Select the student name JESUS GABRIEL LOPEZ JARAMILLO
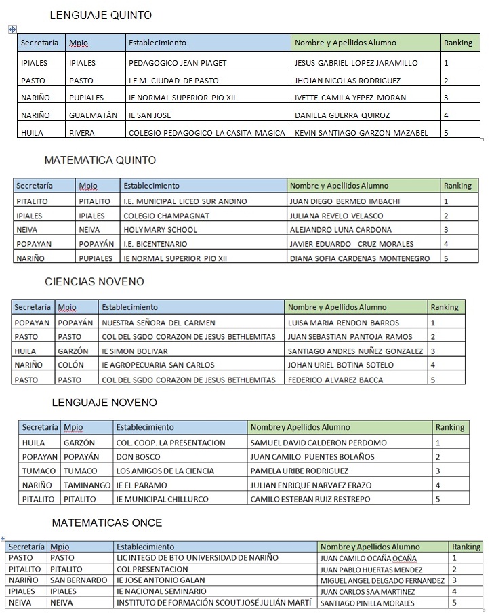click(356, 63)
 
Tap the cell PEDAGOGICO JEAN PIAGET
click(177, 63)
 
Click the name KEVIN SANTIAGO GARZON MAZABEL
click(361, 133)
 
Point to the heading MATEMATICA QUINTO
click(100, 161)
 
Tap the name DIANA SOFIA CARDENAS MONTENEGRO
click(359, 258)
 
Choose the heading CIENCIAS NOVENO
click(94, 281)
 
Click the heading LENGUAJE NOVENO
click(104, 403)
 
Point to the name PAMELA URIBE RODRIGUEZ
click(299, 471)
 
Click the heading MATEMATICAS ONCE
click(107, 523)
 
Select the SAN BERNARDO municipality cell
click(79, 580)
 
